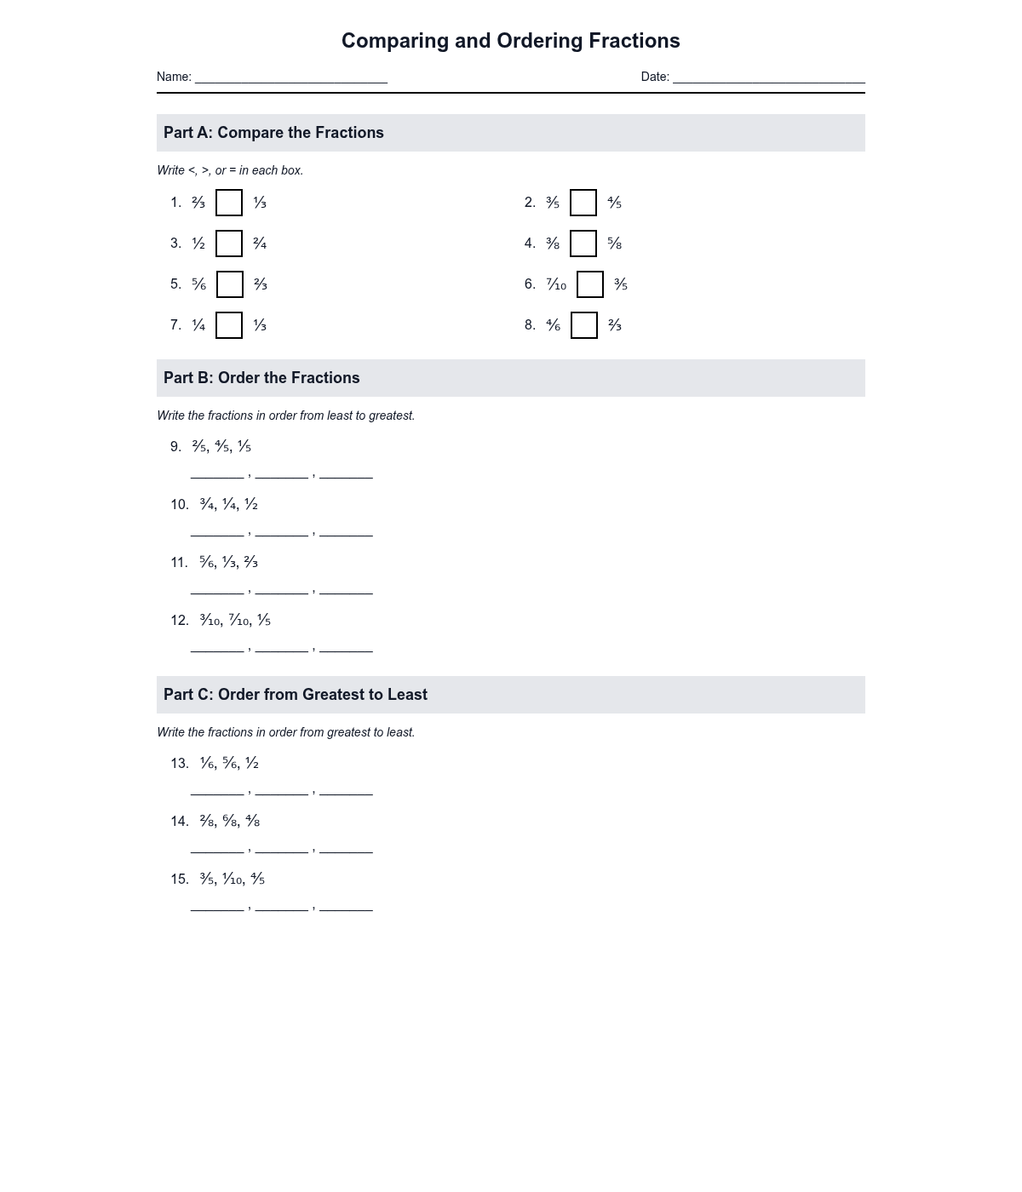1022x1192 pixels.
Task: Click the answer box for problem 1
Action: pyautogui.click(x=229, y=203)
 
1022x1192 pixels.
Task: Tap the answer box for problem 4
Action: pyautogui.click(x=583, y=244)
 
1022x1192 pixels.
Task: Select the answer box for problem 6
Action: pyautogui.click(x=590, y=284)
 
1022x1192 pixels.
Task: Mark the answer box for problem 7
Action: pyautogui.click(x=229, y=325)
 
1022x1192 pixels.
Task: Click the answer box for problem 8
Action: pyautogui.click(x=584, y=325)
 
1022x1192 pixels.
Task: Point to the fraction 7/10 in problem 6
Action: pyautogui.click(x=556, y=284)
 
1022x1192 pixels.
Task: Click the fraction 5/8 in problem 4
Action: pyautogui.click(x=614, y=244)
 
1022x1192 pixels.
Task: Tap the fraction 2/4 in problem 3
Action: pyautogui.click(x=260, y=244)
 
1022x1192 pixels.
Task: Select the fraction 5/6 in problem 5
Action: pyautogui.click(x=198, y=284)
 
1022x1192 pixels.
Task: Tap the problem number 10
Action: pyautogui.click(x=179, y=505)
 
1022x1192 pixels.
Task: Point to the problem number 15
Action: pyautogui.click(x=179, y=880)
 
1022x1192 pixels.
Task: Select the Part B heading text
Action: pyautogui.click(x=261, y=378)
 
